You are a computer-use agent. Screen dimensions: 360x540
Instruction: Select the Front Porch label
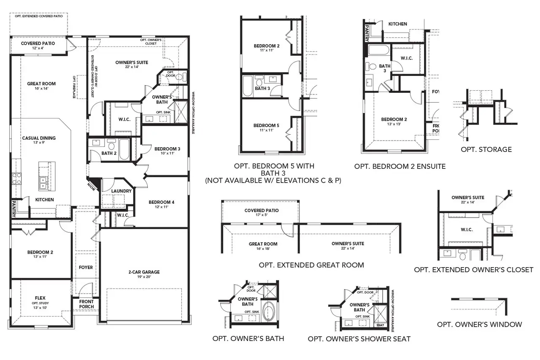[86, 304]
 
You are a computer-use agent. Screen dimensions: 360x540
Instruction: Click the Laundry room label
[122, 191]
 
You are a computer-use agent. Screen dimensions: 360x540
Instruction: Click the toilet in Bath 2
[111, 146]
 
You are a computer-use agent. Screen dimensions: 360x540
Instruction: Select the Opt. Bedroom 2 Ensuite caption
[400, 166]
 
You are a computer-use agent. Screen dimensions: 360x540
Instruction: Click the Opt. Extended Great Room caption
[311, 265]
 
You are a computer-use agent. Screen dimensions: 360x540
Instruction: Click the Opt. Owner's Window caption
[479, 324]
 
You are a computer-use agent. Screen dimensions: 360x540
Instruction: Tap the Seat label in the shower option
[380, 325]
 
